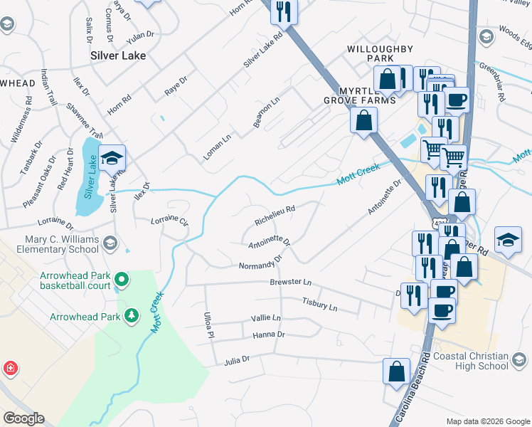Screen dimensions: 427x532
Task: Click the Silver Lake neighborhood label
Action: tap(118, 55)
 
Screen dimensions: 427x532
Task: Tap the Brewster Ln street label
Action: tap(291, 283)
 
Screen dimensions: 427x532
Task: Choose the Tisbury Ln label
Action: tap(319, 305)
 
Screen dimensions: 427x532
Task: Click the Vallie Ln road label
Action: tap(266, 318)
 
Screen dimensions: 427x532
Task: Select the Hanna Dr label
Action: tap(268, 334)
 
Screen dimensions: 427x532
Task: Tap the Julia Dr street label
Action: tap(236, 360)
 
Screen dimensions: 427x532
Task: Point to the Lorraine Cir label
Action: tap(169, 221)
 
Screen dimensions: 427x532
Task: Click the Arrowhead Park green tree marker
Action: tap(131, 315)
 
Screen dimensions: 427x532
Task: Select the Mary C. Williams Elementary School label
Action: tap(61, 244)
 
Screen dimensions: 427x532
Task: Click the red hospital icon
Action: tap(10, 369)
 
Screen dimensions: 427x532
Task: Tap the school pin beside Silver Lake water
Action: tap(112, 158)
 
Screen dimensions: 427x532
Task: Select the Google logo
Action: tap(24, 418)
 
